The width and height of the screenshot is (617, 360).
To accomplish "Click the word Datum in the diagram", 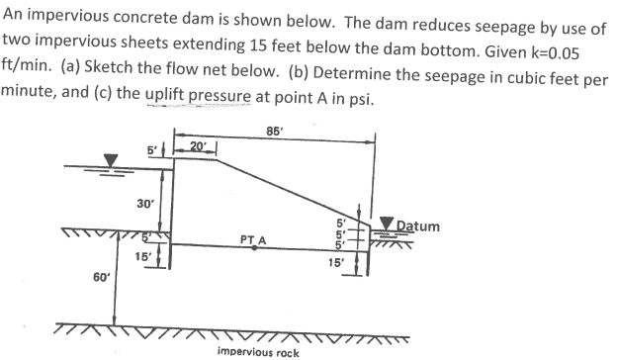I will [x=420, y=226].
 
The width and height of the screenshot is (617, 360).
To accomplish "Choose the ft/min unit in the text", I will [x=24, y=76].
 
